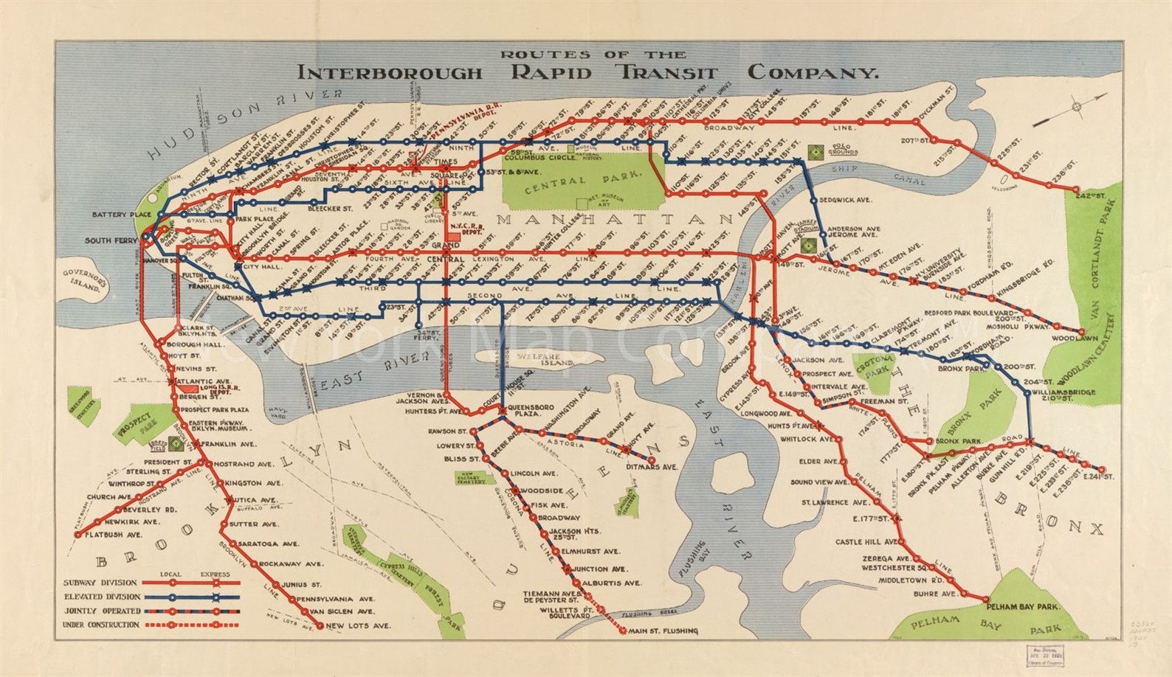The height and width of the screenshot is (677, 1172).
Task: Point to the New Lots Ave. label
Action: tap(358, 626)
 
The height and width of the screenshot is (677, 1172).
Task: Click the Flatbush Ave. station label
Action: tap(113, 534)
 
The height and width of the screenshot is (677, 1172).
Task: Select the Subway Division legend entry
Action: tap(101, 583)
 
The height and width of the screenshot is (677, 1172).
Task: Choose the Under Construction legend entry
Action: tap(101, 625)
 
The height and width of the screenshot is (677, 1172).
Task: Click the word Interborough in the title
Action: tap(389, 73)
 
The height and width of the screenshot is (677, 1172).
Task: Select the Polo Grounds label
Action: tap(841, 150)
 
